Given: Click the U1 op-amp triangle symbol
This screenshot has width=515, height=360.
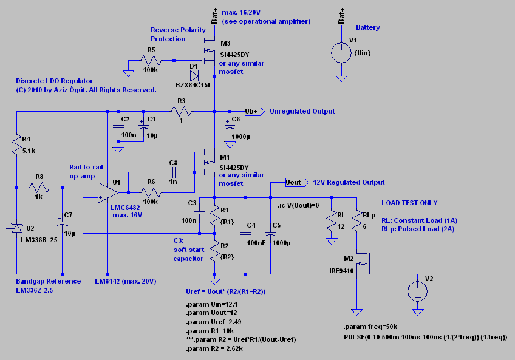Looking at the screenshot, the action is (x=108, y=193).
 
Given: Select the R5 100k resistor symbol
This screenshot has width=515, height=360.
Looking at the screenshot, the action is (x=151, y=61).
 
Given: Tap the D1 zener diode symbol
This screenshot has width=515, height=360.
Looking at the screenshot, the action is (x=194, y=76).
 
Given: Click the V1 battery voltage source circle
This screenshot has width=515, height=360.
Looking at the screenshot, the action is (x=341, y=53).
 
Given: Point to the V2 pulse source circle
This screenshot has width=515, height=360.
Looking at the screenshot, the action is (x=417, y=291).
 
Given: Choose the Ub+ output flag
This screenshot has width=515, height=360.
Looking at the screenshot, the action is (x=254, y=111).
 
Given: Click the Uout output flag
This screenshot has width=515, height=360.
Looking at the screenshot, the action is (x=297, y=182).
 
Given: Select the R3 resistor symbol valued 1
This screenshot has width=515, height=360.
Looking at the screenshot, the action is (x=182, y=112).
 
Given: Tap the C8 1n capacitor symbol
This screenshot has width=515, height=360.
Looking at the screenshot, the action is (x=174, y=172).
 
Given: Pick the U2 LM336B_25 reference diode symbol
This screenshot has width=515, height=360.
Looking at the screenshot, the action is (x=16, y=228).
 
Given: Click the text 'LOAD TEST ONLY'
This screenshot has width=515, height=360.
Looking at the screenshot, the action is (x=409, y=203).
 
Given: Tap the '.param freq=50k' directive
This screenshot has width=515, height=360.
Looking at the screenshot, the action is (x=370, y=327).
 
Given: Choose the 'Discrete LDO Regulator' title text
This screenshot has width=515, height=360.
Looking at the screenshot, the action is (x=54, y=81).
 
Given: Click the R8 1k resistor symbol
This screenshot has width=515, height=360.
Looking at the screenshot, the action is (x=39, y=188).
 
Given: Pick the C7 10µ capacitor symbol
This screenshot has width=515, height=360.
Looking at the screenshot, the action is (x=62, y=223).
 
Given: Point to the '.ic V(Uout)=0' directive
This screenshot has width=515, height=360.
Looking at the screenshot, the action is (x=298, y=206).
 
